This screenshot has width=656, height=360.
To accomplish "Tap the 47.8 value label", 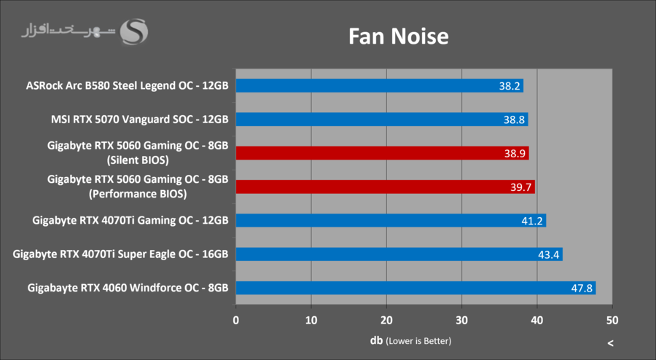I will click(581, 289).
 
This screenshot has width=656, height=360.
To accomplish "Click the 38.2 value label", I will click(509, 86).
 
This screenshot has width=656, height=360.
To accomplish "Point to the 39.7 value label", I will click(521, 187).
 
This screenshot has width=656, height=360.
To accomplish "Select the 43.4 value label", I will click(549, 254).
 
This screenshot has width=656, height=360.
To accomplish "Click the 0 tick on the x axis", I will click(235, 320).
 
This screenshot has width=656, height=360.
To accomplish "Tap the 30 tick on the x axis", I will click(462, 320).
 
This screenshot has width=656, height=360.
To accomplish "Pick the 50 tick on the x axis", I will click(612, 320).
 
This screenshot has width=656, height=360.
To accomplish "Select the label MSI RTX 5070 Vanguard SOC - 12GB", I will click(140, 120).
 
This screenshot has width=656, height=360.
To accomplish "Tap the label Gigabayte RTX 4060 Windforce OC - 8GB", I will click(128, 288).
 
